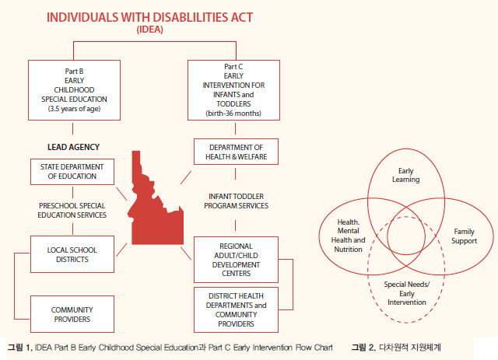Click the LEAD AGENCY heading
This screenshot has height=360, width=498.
coord(73,147)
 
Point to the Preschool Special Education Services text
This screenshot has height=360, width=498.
coord(72,211)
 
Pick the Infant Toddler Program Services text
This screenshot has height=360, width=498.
coord(236,201)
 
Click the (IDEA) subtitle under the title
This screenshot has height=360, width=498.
coord(150,30)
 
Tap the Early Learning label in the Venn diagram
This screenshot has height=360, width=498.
coord(406,175)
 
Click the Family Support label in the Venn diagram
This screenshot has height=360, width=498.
coord(464,236)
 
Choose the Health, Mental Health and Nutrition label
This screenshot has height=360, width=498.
coord(348,236)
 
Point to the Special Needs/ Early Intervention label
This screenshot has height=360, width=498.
coord(406,293)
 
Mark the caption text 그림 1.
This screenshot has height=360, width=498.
coord(20,348)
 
